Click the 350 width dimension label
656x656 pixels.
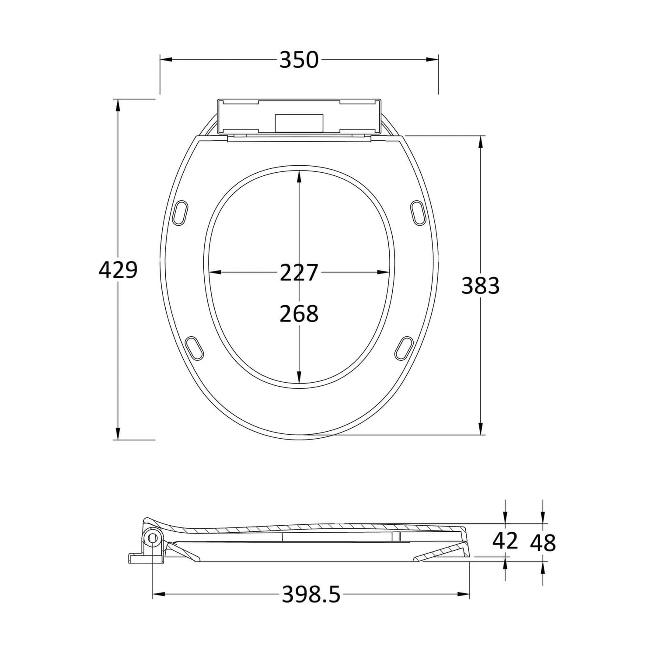point(299,60)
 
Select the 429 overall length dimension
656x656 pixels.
point(118,270)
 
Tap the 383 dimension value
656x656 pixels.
point(480,286)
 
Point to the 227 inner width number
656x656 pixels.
point(299,272)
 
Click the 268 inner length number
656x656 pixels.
point(299,314)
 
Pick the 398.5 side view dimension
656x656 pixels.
point(311,594)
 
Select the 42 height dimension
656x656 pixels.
point(505,541)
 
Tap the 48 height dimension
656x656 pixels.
point(543,543)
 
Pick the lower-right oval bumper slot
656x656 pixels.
point(404,348)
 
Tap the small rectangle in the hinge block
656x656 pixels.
point(299,122)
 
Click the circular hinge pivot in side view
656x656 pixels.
point(153,538)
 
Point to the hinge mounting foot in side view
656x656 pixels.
point(140,558)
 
